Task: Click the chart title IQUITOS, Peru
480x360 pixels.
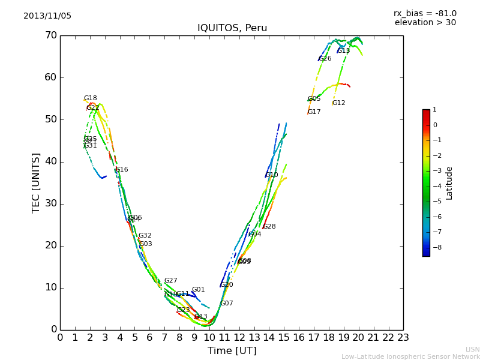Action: tap(232, 28)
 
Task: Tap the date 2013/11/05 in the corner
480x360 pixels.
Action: tap(47, 16)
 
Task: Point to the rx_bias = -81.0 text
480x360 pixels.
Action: tap(425, 13)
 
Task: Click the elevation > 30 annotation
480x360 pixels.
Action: tap(425, 23)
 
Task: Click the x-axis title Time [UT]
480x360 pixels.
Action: tap(232, 351)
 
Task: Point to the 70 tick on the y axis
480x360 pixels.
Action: tap(50, 35)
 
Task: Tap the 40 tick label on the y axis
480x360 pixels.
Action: tap(50, 161)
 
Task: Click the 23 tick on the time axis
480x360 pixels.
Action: tap(403, 338)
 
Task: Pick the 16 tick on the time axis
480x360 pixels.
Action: tap(299, 338)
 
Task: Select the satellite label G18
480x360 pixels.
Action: tap(90, 98)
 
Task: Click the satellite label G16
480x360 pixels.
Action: tap(121, 170)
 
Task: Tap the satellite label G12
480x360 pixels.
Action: tap(338, 103)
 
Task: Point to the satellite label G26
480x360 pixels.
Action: tap(325, 59)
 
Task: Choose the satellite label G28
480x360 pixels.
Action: tap(269, 227)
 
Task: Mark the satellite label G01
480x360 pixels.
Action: tap(198, 290)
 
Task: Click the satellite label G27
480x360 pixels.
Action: tap(170, 281)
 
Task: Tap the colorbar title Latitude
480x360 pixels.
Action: tap(449, 183)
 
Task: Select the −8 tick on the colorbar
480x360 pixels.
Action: tap(435, 246)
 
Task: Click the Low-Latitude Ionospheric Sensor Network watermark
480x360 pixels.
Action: tap(410, 357)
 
